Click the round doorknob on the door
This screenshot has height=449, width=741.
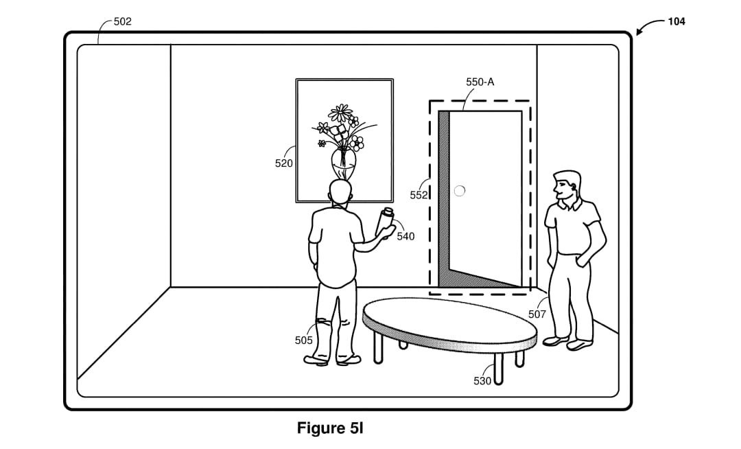click(459, 190)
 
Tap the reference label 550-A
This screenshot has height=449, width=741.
click(480, 82)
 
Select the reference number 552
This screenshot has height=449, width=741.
click(419, 195)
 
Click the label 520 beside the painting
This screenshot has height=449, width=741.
click(283, 163)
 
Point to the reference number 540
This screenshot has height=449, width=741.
click(405, 236)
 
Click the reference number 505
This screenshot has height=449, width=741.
click(303, 341)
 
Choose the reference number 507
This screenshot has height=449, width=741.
click(537, 314)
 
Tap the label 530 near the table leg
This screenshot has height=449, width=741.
click(482, 381)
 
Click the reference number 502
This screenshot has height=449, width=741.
click(122, 21)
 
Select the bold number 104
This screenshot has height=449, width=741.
click(677, 21)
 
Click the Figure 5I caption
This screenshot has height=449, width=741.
click(330, 428)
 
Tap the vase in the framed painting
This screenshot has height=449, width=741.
click(343, 163)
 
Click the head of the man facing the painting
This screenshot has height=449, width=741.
click(341, 193)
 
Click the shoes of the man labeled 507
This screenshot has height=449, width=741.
click(567, 343)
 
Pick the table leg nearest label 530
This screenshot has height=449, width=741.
click(497, 369)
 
